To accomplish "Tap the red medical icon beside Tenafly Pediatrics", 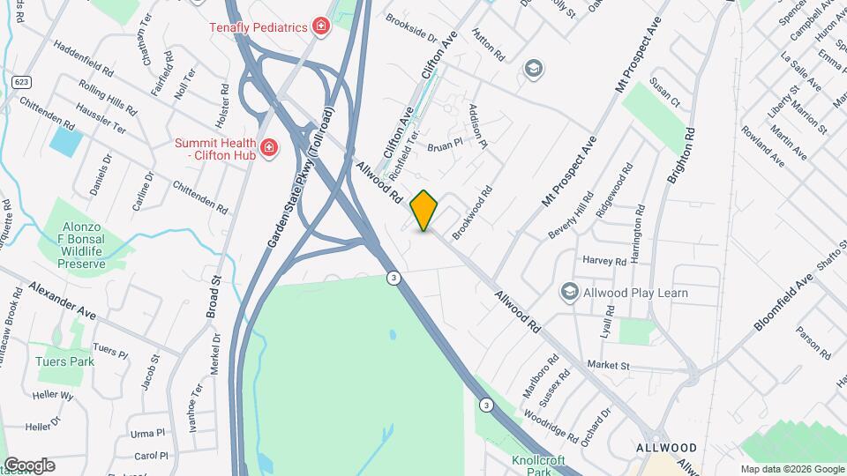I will click(321, 26).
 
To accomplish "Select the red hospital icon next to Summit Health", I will click(269, 147).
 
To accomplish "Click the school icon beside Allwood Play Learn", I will click(569, 292).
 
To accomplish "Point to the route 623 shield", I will click(22, 81).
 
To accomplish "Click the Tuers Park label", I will click(64, 361).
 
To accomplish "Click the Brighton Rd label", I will click(682, 157).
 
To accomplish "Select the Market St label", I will click(608, 365).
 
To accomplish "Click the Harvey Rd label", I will click(604, 260).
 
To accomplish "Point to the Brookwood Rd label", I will click(472, 212).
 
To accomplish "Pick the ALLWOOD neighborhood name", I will click(667, 448).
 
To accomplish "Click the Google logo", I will click(29, 465).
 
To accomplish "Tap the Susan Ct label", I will click(665, 92).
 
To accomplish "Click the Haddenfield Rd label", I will click(84, 56).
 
